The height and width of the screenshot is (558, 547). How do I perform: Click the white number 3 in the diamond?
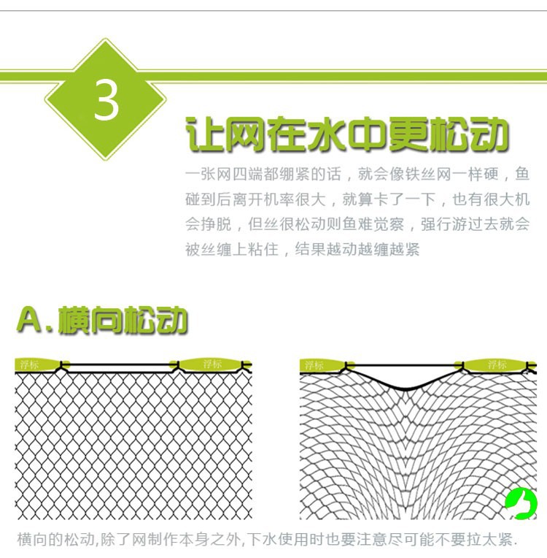point(106,99)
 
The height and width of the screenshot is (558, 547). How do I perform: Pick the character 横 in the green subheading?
point(73,320)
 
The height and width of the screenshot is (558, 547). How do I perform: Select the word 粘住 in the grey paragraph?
point(263,249)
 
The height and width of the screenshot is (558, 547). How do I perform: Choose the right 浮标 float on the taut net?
point(210,364)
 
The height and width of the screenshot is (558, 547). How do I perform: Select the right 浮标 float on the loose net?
point(495,364)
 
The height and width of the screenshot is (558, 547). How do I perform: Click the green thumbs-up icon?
point(521,502)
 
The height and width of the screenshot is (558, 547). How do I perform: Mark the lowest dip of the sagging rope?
point(406,389)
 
